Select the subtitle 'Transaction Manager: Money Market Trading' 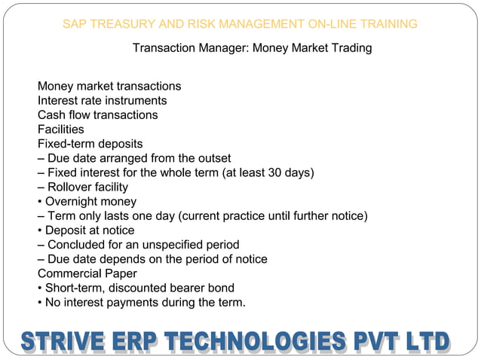tap(252, 48)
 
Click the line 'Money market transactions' tap(109, 87)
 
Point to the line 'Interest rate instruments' tap(103, 101)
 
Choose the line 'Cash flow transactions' tap(98, 115)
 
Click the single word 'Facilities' tap(61, 130)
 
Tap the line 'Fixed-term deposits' tap(90, 144)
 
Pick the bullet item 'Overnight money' tap(90, 201)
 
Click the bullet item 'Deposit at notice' tap(90, 230)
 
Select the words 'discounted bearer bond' tap(173, 288)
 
